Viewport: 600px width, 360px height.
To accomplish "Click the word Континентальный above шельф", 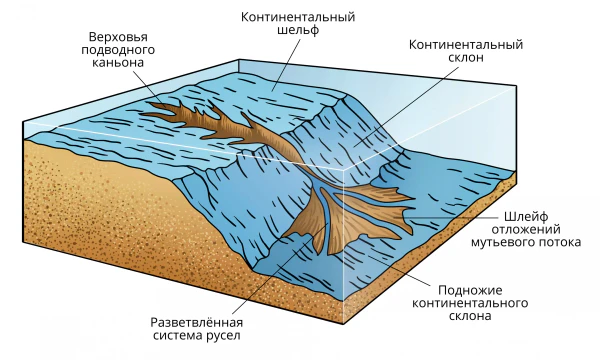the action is (x=298, y=17).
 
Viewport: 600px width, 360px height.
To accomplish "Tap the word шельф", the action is (x=298, y=30).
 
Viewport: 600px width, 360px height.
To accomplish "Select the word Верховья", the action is (x=118, y=37).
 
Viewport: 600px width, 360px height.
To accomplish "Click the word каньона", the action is (x=118, y=62).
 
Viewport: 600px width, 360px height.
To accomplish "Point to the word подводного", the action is (x=118, y=50).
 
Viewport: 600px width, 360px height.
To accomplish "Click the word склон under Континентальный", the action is (x=466, y=57).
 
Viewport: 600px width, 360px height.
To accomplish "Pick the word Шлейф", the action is (x=526, y=217).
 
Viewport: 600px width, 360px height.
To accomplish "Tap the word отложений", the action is (x=526, y=230).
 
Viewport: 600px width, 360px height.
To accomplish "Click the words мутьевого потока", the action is (x=526, y=243).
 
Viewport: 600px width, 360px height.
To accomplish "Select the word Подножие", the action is (x=470, y=290).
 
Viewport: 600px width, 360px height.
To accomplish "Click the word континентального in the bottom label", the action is (x=470, y=303).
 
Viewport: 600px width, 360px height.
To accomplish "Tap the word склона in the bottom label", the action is (x=470, y=316).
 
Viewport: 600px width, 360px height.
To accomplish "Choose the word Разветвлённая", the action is (x=197, y=323).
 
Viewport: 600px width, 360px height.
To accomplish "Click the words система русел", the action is (x=197, y=336).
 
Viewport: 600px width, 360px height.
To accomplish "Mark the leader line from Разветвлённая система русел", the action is (x=279, y=269).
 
